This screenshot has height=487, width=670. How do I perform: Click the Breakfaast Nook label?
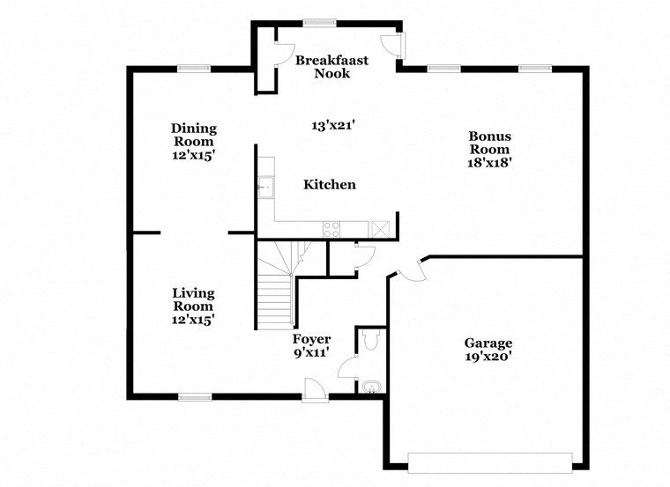tap(331, 67)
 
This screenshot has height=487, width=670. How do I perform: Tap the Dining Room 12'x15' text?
tap(194, 141)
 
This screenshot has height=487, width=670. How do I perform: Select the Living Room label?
tap(194, 306)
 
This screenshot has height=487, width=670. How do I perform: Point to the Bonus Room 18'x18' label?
tap(490, 149)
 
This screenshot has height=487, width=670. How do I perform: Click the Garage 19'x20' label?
tap(488, 350)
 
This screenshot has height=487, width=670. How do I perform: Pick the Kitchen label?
tap(330, 185)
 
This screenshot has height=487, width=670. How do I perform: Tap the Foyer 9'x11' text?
tap(312, 346)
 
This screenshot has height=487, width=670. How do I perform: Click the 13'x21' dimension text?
tap(333, 126)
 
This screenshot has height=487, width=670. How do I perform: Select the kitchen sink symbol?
tap(264, 187)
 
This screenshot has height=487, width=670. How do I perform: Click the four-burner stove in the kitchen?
tap(331, 229)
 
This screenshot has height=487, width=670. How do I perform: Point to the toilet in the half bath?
tap(369, 339)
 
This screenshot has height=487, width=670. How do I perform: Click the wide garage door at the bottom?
tap(489, 461)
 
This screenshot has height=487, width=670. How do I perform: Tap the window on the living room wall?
tap(195, 396)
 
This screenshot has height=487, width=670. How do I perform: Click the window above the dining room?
tap(193, 69)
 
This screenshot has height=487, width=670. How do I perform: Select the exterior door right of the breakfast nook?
tap(393, 46)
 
